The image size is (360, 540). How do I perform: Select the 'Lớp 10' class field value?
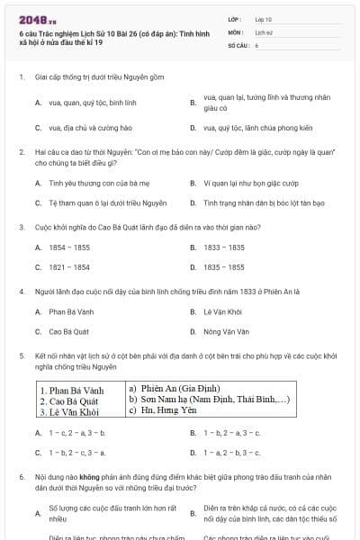[263, 18]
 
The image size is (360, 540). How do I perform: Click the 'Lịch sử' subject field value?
[263, 31]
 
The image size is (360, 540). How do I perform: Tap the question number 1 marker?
[21, 77]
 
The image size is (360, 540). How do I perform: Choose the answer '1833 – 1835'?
[225, 247]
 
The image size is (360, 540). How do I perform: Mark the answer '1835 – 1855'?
[225, 266]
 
